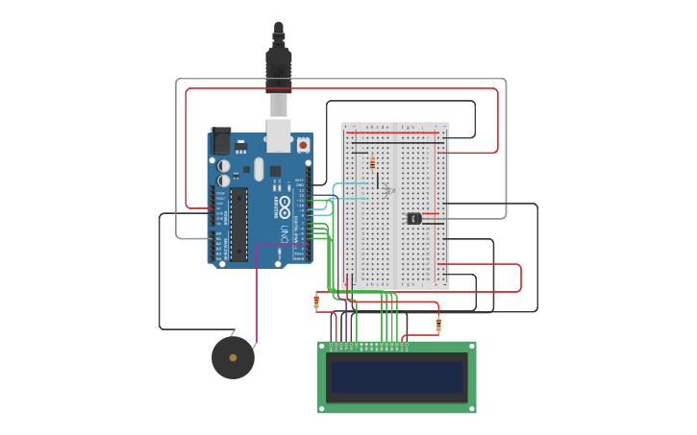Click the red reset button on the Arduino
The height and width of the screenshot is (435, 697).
click(x=303, y=145)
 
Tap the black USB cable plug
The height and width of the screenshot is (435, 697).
click(x=278, y=62)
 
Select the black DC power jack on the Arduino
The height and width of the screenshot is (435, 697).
click(x=221, y=142)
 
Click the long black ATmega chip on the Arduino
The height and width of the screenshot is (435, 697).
click(x=238, y=224)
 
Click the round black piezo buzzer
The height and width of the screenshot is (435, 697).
click(x=233, y=357)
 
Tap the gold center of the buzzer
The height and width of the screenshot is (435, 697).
click(x=233, y=357)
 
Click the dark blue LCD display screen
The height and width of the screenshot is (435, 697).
click(x=396, y=375)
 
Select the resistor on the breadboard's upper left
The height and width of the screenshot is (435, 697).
click(x=373, y=162)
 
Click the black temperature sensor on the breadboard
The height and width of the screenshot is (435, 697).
click(x=414, y=218)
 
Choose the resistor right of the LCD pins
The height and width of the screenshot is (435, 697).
click(x=438, y=325)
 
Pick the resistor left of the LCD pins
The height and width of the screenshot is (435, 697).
click(x=316, y=302)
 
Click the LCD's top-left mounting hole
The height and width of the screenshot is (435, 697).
click(x=322, y=346)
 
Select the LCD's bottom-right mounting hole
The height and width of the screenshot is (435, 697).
click(x=471, y=409)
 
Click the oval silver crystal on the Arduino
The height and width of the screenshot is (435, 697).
click(x=258, y=169)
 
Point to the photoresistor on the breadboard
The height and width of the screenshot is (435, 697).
click(x=388, y=191)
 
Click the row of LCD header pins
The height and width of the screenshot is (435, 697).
click(x=369, y=344)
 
